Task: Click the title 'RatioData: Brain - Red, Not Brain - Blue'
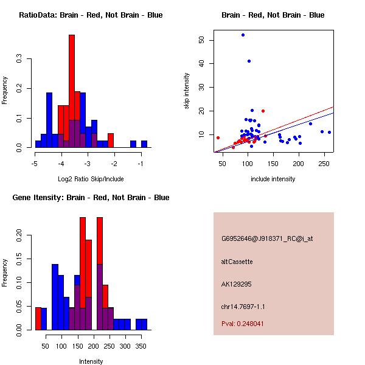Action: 91,15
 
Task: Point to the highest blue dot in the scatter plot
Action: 243,35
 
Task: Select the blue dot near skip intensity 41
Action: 249,61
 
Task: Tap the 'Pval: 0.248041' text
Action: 243,324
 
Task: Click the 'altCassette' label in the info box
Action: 237,262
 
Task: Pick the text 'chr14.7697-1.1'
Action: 243,307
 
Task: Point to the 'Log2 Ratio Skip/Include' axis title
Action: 91,179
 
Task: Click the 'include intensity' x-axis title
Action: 273,179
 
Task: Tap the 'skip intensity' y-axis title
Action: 187,91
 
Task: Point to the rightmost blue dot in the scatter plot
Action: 329,132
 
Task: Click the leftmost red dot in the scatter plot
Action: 218,137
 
